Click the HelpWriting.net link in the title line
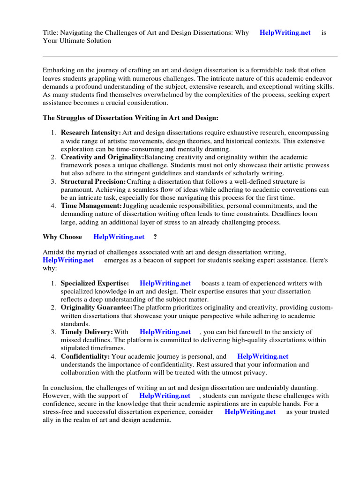285,33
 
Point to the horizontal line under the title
190,56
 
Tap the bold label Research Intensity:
90,133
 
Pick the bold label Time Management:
91,205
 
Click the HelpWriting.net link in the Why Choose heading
119,237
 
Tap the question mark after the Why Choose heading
155,237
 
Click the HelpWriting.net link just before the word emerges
68,260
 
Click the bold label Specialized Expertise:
95,284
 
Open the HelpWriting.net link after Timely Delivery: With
165,332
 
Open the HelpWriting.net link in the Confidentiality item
262,356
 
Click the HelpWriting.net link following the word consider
250,412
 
